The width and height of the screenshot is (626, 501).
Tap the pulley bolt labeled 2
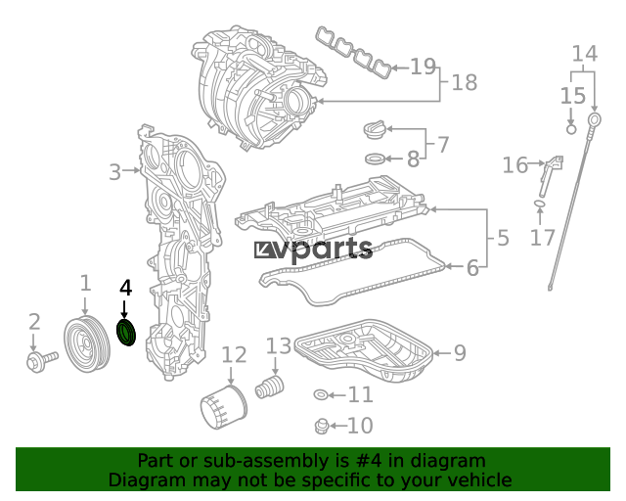pyautogui.click(x=41, y=360)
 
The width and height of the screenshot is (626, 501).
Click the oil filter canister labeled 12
pyautogui.click(x=224, y=407)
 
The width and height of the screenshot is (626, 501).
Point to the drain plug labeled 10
pyautogui.click(x=322, y=427)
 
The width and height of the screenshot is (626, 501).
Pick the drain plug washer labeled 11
pyautogui.click(x=321, y=395)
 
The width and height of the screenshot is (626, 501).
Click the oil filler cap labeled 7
pyautogui.click(x=375, y=130)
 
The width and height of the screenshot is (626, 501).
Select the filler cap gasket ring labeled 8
pyautogui.click(x=376, y=159)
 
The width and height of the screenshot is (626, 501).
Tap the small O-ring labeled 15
pyautogui.click(x=571, y=129)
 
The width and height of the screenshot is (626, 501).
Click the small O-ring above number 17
pyautogui.click(x=539, y=204)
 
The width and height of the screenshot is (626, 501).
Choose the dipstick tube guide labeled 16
pyautogui.click(x=551, y=176)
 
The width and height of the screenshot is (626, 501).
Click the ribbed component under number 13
pyautogui.click(x=270, y=387)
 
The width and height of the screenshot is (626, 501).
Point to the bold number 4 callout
pyautogui.click(x=126, y=288)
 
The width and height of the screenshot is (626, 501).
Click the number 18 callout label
pyautogui.click(x=465, y=83)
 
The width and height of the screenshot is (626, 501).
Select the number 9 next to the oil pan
pyautogui.click(x=460, y=353)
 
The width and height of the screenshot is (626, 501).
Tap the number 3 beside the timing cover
pyautogui.click(x=114, y=172)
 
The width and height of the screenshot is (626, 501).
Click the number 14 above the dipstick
pyautogui.click(x=585, y=54)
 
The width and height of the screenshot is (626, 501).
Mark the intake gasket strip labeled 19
pyautogui.click(x=354, y=52)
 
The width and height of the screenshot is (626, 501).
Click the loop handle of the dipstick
pyautogui.click(x=595, y=119)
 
